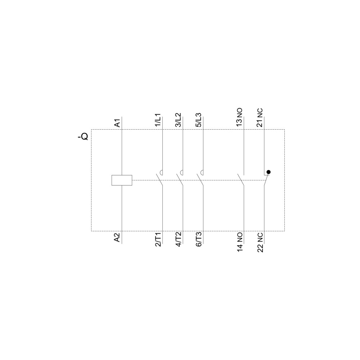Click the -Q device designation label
[x=83, y=137]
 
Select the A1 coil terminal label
[x=117, y=123]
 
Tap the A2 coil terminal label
[x=117, y=238]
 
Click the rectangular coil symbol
[x=122, y=180]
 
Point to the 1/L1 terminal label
[x=158, y=120]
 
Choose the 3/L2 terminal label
[x=179, y=120]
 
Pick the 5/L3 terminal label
[x=199, y=120]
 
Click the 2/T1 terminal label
[x=158, y=239]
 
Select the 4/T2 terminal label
[x=179, y=239]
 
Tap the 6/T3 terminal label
[x=199, y=239]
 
